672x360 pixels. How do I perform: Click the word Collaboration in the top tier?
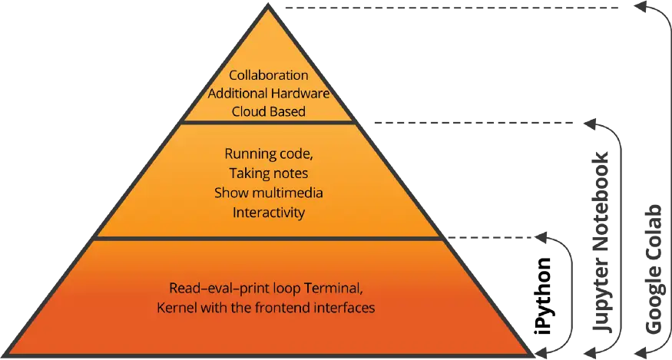269,75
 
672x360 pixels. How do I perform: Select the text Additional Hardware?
269,94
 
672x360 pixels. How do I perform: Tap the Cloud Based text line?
269,111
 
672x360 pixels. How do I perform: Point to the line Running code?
269,154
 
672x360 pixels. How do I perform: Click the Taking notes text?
269,173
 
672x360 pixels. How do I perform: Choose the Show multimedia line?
269,193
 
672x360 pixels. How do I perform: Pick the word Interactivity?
269,213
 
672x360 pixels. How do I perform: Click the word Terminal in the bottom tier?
333,288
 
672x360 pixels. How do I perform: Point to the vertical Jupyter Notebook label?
601,242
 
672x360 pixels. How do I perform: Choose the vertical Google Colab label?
654,269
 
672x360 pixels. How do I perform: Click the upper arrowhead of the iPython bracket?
541,237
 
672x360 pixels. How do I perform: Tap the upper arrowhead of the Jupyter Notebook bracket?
590,124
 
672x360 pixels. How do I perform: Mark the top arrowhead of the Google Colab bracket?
641,7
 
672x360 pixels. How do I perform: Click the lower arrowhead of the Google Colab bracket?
641,352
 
